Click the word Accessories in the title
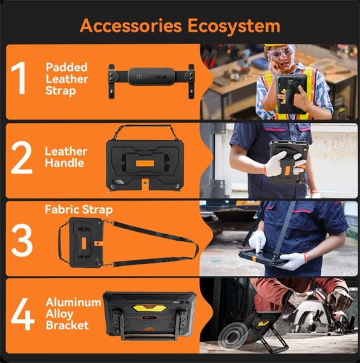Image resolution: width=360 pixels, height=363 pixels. pos(131,25)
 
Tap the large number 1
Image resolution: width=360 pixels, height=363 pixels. pos(19,78)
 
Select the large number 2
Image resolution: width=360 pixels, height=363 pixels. pos(22,157)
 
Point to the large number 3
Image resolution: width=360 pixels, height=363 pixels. pos(22,240)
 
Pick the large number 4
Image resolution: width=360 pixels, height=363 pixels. pos(22,314)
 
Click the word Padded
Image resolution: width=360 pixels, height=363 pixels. pos(67,68)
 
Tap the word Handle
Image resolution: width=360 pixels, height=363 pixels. pos(65,163)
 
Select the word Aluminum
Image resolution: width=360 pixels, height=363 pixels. pos(73,302)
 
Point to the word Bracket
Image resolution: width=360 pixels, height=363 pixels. pos(67,325)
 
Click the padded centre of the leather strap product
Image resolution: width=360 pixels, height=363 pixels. pos(151,77)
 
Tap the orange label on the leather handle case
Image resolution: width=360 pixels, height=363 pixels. pos(145,163)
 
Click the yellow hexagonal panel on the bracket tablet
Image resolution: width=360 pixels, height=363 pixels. pos(149,308)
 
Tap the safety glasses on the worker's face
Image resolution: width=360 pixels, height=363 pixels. pos(281,52)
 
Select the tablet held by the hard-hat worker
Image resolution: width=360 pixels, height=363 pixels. pos(292,94)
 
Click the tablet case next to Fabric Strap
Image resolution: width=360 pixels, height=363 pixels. pos(86,243)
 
